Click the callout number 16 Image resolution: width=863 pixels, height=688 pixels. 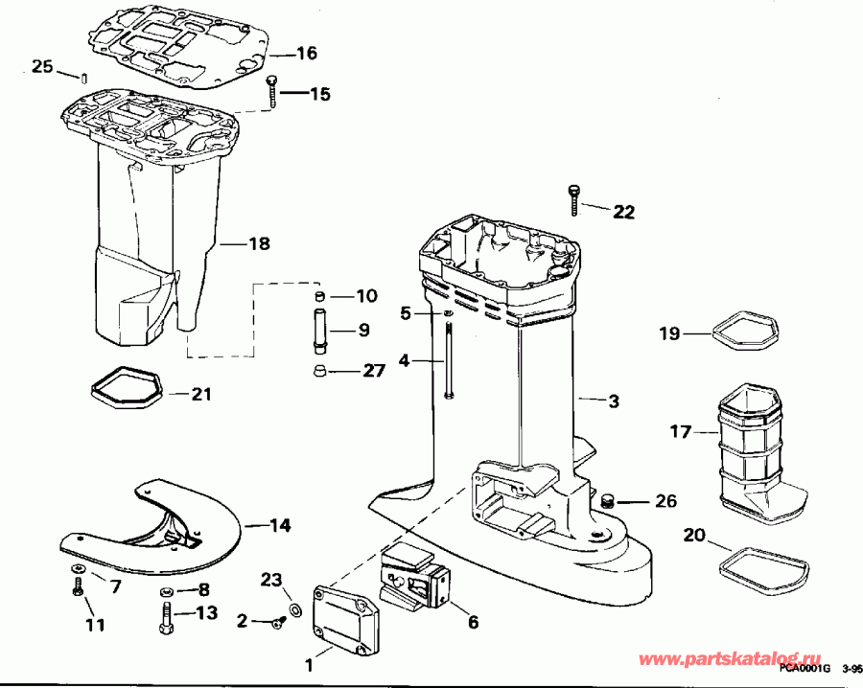click(306, 54)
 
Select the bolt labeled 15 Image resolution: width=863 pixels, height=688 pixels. click(272, 91)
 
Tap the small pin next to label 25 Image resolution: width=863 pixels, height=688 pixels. click(83, 76)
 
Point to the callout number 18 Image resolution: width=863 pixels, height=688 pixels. click(259, 244)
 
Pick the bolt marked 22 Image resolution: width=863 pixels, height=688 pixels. click(572, 195)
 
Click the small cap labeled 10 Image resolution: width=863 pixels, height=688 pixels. click(320, 294)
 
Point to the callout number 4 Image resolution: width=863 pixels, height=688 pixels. click(404, 361)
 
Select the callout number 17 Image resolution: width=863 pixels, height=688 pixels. click(680, 432)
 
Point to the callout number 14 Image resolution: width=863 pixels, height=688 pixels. click(280, 525)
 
